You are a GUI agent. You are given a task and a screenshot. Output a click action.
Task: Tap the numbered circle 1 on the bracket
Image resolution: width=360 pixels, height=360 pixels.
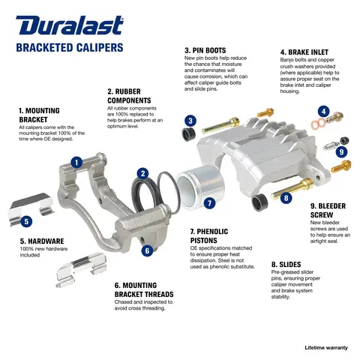[76, 161]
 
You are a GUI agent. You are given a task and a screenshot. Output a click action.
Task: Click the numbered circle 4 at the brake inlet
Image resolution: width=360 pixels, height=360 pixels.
[322, 112]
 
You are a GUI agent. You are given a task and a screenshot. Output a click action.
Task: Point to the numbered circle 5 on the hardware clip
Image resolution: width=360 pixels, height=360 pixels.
[26, 221]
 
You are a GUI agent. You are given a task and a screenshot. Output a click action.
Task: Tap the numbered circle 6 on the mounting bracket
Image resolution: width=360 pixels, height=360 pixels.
[147, 250]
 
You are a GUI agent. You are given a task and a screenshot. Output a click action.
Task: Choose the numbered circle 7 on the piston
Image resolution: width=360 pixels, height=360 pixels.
[209, 202]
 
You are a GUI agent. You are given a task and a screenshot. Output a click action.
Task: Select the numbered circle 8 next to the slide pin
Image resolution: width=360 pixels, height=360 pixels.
[286, 198]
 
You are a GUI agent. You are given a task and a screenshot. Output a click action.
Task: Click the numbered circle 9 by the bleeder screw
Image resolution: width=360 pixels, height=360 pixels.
[341, 151]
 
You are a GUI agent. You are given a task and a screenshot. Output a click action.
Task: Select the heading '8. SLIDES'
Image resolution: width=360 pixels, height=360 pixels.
[286, 265]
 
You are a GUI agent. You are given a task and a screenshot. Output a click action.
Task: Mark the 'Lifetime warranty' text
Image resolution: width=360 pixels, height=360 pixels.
[326, 348]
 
